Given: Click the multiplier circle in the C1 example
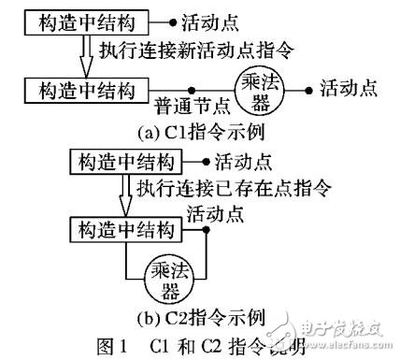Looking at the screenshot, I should click(257, 90).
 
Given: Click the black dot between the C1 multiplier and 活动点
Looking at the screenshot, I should click(307, 90).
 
